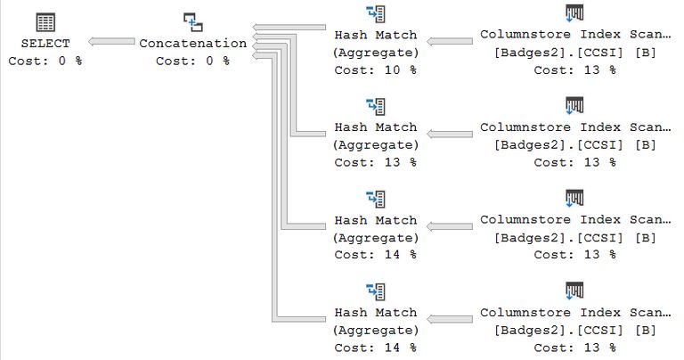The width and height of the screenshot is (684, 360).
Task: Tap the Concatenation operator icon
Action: click(192, 21)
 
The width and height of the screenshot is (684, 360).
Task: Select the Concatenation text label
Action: click(193, 43)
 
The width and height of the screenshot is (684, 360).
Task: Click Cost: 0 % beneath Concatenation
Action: click(192, 61)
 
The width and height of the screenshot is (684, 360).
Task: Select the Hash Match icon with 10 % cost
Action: click(376, 14)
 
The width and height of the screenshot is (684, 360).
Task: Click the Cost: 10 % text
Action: click(375, 70)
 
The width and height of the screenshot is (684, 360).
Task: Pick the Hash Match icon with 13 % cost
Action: click(376, 107)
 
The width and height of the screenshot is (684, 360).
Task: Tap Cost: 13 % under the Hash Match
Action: click(375, 162)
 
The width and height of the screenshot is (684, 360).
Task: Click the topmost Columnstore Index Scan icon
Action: click(574, 14)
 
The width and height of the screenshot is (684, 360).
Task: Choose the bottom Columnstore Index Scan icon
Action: click(574, 291)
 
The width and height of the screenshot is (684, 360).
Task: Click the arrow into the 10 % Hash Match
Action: click(450, 42)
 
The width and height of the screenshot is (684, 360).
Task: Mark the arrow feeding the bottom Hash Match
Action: click(450, 319)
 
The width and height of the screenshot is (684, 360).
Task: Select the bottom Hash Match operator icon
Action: click(376, 291)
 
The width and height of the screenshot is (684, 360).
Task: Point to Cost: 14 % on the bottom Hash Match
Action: click(375, 348)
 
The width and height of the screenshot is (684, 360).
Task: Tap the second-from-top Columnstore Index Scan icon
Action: click(574, 107)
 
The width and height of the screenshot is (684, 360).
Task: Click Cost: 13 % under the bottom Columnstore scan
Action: click(574, 348)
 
